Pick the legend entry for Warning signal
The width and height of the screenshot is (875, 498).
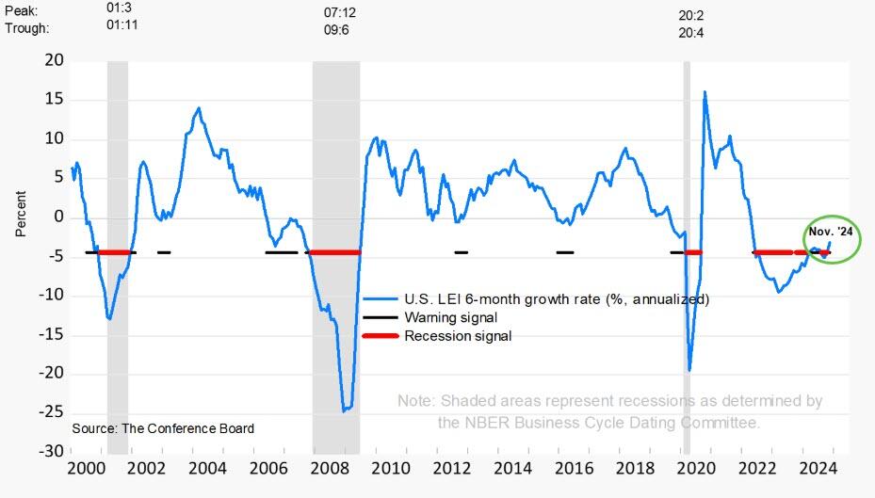450,317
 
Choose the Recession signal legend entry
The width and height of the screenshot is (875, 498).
458,335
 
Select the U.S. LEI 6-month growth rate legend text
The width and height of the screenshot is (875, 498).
557,299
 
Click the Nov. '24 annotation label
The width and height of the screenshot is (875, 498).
831,232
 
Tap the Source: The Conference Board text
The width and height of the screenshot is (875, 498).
163,428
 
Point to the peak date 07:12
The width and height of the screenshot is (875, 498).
340,13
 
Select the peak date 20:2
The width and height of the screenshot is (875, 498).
691,15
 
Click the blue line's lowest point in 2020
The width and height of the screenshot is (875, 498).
689,370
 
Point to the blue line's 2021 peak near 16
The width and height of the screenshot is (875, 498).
705,92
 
